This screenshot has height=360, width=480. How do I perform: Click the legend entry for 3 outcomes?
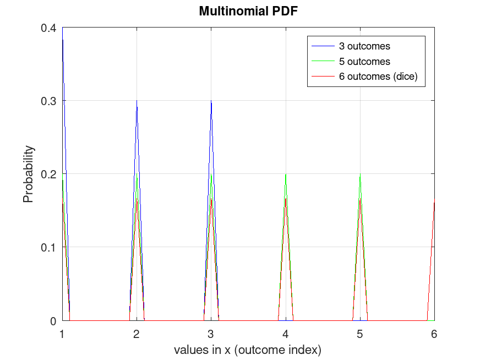364,46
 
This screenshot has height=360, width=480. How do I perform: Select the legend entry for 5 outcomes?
364,61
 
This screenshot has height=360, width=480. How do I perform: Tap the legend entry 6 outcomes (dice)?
378,77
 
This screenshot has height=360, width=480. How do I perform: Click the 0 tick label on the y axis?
53,320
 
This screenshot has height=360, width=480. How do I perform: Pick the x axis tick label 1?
62,334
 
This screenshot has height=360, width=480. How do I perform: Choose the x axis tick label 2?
137,334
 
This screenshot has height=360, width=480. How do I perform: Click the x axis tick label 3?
211,334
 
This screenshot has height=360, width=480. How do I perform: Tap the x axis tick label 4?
286,334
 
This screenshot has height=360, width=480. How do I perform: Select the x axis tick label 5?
360,334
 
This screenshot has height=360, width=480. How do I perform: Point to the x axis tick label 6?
434,334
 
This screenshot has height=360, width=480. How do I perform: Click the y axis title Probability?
28,174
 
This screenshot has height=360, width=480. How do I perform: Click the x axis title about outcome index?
248,350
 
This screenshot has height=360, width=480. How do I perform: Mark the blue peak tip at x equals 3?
211,101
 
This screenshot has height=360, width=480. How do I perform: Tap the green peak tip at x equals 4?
286,174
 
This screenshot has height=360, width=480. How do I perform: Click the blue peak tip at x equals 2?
137,101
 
